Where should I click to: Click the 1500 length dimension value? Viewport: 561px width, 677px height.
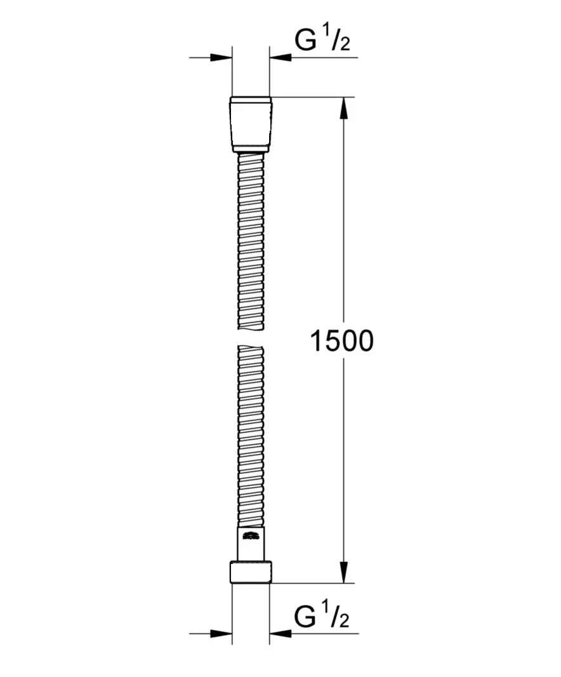(x=342, y=342)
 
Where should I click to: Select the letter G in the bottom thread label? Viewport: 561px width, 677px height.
(x=305, y=617)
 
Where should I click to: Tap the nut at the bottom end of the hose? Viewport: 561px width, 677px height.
(x=251, y=572)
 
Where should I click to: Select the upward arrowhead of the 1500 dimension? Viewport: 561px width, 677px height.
(x=344, y=108)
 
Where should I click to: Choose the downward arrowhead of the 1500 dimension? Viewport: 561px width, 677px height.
(x=344, y=572)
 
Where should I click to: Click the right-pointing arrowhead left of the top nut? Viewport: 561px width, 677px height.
(x=220, y=58)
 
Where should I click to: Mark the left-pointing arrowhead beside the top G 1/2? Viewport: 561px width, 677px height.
(x=280, y=58)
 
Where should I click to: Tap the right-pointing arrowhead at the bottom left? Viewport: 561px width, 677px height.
(x=220, y=633)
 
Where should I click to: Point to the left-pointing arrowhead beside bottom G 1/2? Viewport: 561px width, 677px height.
(x=280, y=633)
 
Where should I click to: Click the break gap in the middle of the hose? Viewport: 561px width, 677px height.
(x=251, y=337)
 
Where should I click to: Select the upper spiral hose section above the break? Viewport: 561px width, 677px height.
(x=251, y=241)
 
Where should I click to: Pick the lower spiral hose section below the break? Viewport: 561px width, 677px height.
(x=251, y=438)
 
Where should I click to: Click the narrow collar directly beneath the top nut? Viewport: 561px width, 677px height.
(x=251, y=150)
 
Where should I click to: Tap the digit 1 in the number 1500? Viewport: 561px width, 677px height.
(x=317, y=342)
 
